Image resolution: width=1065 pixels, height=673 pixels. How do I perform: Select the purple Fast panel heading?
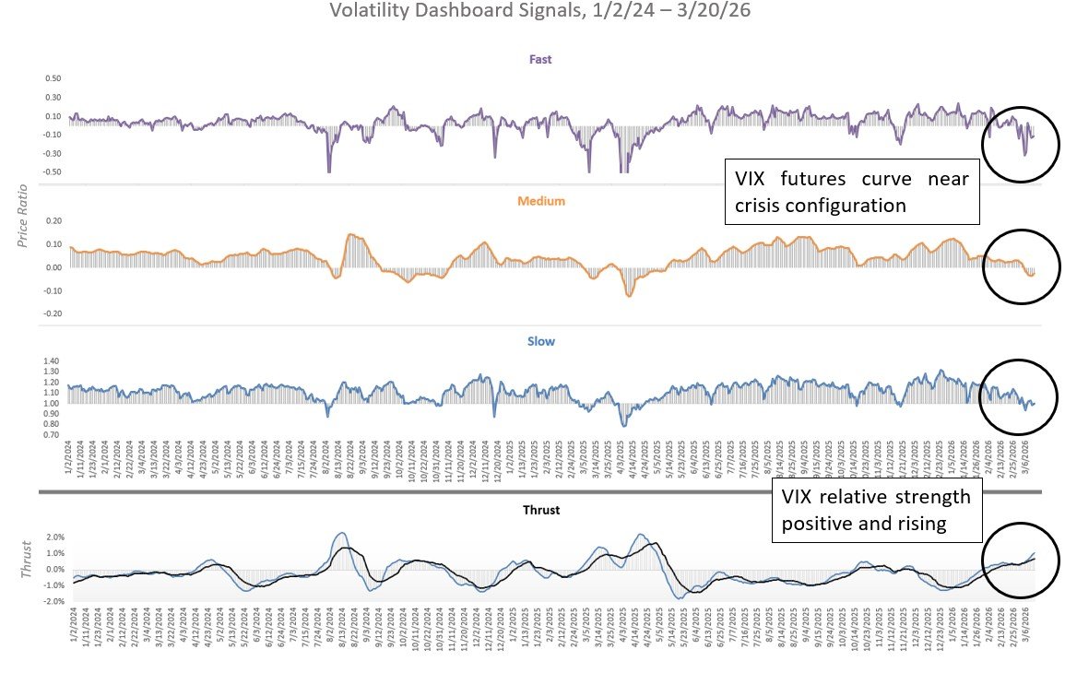[540, 60]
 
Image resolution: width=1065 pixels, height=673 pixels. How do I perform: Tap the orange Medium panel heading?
[540, 201]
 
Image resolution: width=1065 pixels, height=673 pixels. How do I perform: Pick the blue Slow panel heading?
[540, 341]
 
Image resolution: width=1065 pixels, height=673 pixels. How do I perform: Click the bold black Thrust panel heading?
[540, 509]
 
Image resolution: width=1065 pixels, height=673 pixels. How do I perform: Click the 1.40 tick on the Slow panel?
[51, 361]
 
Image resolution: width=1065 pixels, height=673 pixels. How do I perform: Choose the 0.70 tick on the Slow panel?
[51, 434]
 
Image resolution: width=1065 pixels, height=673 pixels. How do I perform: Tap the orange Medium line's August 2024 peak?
[350, 234]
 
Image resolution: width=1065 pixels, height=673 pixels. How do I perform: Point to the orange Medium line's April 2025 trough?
[629, 296]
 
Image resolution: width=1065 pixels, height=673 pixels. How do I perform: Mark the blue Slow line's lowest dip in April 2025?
[624, 425]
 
